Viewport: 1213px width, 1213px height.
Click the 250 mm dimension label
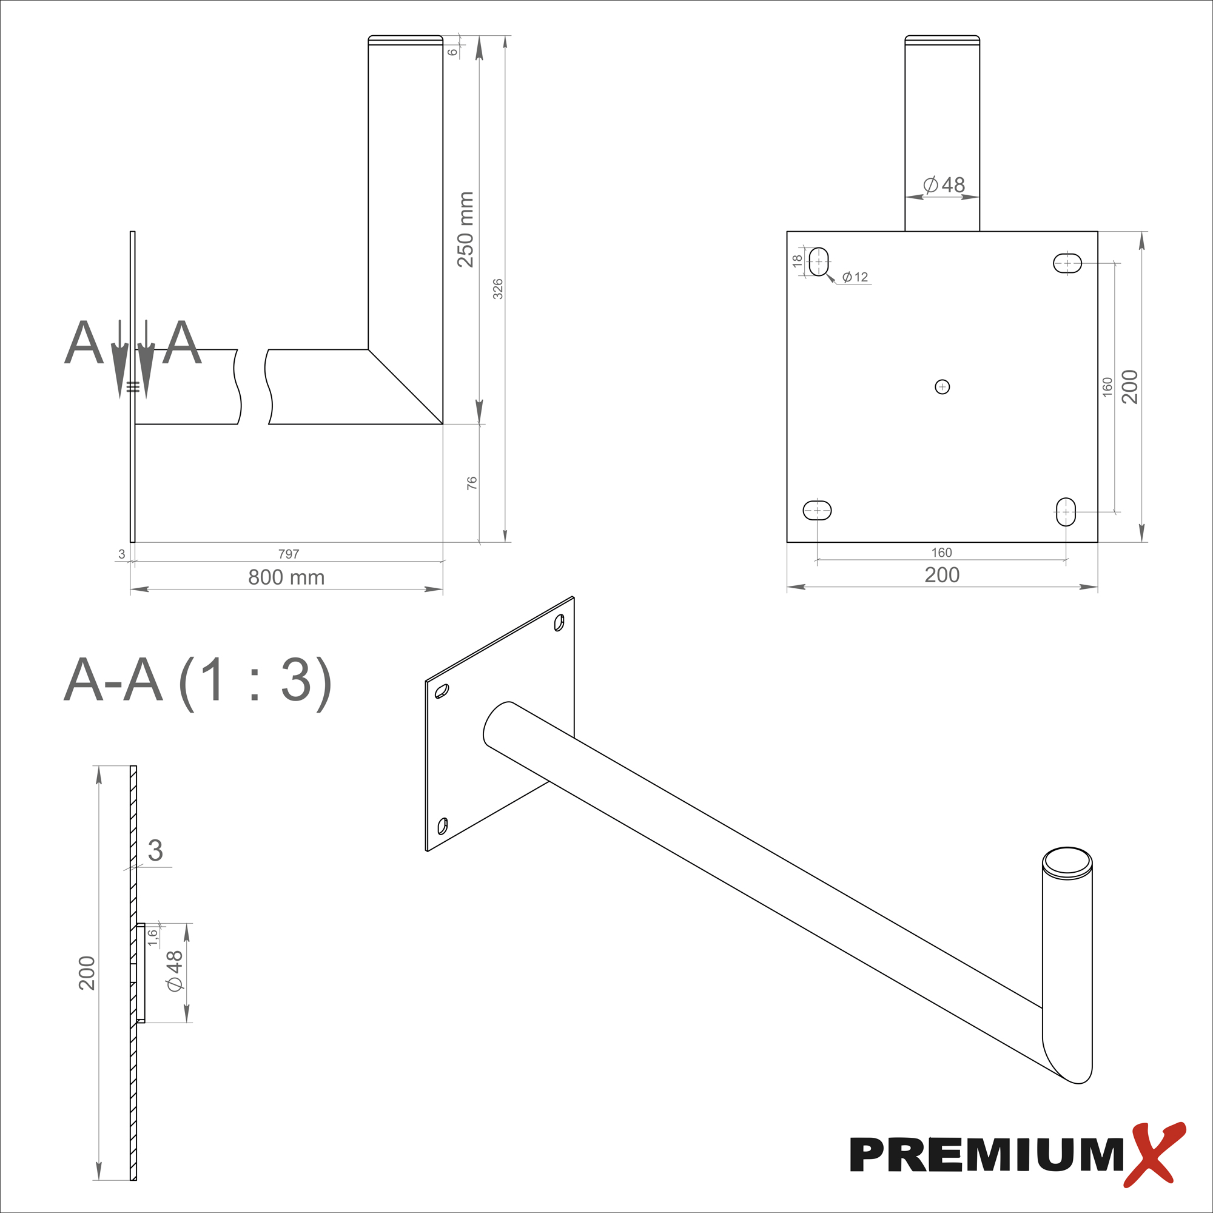click(465, 230)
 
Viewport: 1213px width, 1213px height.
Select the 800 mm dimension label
click(286, 577)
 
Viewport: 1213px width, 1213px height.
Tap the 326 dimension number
click(497, 289)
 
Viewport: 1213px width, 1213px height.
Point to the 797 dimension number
click(289, 554)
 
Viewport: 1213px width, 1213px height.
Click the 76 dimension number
click(471, 483)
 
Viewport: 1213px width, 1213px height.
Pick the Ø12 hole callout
click(855, 277)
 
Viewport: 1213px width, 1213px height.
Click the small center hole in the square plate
click(942, 387)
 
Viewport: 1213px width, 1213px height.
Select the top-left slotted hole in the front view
click(819, 261)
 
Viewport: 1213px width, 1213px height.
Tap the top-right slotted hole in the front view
click(1067, 263)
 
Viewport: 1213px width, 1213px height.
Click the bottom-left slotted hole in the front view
click(817, 511)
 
